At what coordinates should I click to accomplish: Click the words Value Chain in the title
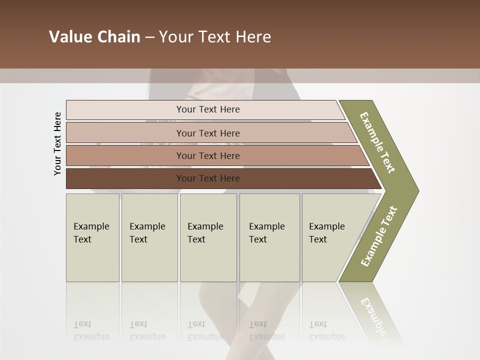(94, 37)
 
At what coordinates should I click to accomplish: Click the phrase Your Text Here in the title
(215, 37)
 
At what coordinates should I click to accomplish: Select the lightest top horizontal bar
(125, 110)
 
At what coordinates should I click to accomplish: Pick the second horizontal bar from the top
(125, 133)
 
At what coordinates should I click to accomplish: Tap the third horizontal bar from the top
(125, 155)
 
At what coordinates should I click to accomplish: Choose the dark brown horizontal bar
(125, 178)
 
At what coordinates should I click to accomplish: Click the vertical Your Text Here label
(57, 143)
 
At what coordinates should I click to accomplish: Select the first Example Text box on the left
(92, 237)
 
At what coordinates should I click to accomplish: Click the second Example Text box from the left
(149, 237)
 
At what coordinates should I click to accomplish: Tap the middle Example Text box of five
(208, 237)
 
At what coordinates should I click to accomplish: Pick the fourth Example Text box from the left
(269, 237)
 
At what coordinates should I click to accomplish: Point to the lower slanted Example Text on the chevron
(378, 236)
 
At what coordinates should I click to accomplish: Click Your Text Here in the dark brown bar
(208, 178)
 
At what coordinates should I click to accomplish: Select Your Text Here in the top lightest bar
(208, 109)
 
